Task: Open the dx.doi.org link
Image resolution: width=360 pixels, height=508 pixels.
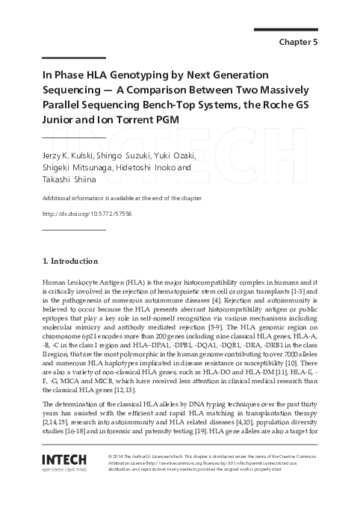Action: coord(87,214)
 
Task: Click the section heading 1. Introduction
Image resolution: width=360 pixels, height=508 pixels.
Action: coord(69,261)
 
